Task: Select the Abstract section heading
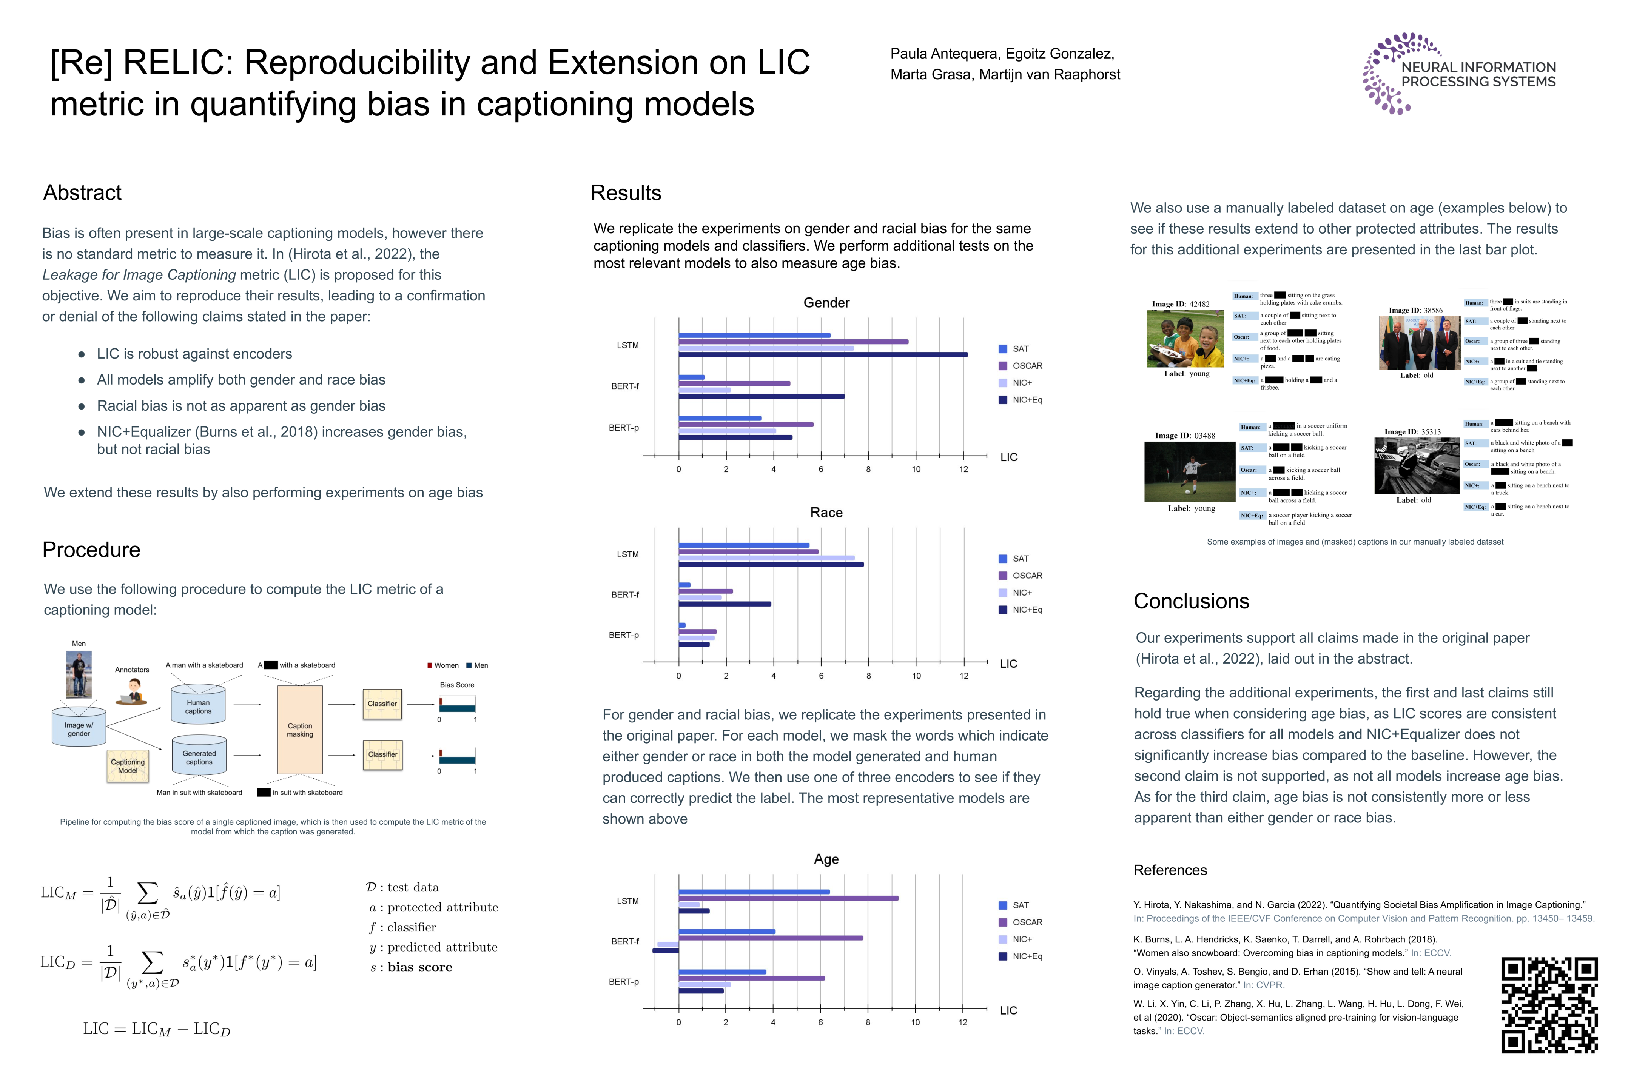tap(83, 193)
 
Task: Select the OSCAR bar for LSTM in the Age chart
tap(788, 898)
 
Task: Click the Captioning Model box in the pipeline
tap(128, 766)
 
